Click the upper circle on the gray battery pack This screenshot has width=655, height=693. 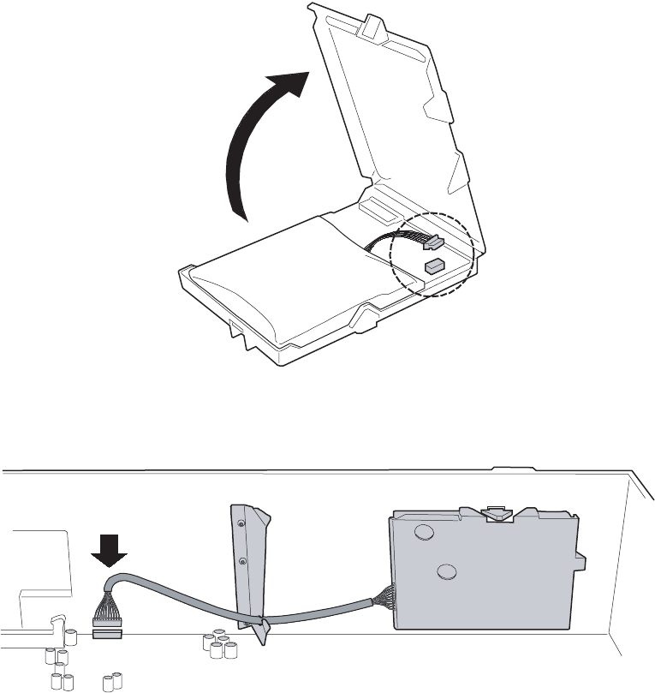(422, 532)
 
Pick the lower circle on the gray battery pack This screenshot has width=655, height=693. (444, 575)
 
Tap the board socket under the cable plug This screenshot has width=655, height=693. (108, 635)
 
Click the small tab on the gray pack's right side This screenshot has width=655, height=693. (580, 561)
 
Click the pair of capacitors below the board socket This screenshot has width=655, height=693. (110, 682)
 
